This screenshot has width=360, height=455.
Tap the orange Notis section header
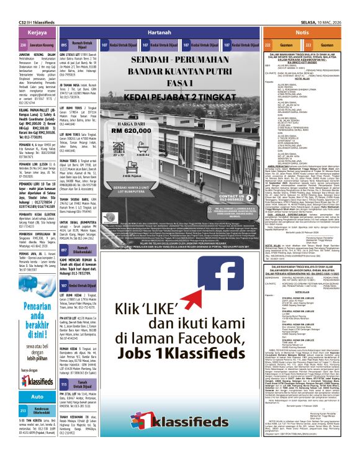302,32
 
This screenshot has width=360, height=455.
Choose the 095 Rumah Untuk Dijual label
79,45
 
